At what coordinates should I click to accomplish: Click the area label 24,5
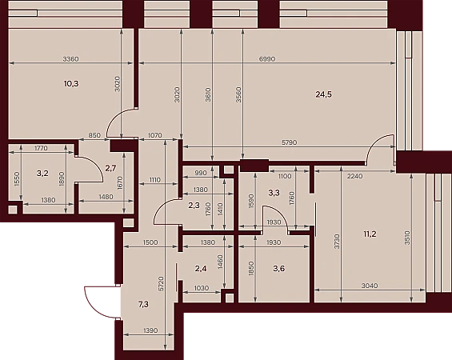tap(324, 94)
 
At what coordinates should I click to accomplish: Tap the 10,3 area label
tap(71, 84)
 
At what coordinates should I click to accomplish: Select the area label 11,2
tap(370, 234)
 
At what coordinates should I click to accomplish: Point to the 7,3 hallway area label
tap(143, 304)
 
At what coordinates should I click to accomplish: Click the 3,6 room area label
tap(279, 269)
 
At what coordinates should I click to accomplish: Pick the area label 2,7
tap(110, 168)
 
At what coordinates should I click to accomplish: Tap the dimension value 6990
tap(267, 59)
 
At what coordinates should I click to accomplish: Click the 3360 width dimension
tap(71, 59)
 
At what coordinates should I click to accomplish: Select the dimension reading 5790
tap(289, 142)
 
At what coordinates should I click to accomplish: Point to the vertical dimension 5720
tap(161, 285)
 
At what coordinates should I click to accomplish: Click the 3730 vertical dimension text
tap(338, 242)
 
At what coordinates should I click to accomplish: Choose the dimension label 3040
tap(370, 286)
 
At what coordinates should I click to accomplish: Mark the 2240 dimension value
tap(355, 176)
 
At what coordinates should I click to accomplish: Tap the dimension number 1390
tap(150, 330)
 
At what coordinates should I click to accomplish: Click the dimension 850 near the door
tap(94, 135)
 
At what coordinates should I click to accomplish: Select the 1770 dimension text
tap(41, 149)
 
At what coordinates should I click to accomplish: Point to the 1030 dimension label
tap(202, 288)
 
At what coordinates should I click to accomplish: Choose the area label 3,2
tap(42, 174)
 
